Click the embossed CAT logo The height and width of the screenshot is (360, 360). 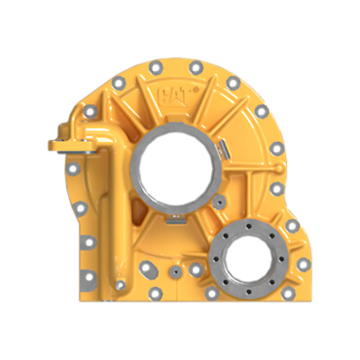(x=176, y=95)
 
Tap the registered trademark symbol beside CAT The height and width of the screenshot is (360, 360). (x=196, y=90)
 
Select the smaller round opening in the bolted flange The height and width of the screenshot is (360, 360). (x=248, y=257)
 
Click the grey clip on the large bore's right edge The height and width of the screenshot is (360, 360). (x=223, y=150)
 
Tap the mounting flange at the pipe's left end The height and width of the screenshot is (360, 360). (x=72, y=146)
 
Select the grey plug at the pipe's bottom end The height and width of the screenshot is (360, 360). (x=120, y=285)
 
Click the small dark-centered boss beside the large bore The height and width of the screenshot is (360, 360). (x=220, y=202)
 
